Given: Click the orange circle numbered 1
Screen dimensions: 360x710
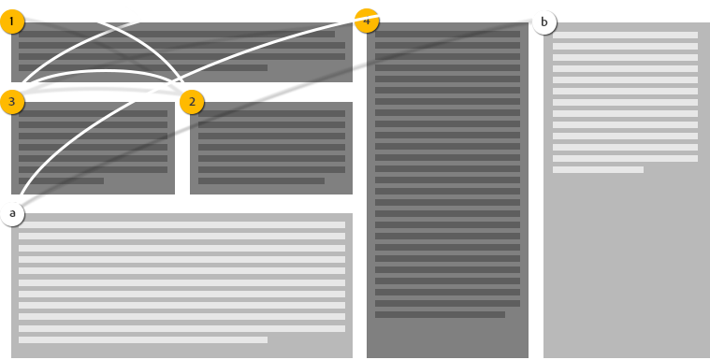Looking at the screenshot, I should coord(11,21).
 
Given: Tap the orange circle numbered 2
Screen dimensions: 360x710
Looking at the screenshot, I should coord(192,101).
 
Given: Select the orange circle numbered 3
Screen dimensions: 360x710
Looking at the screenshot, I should coord(11,101).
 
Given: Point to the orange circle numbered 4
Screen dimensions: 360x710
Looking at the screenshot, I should coord(367,21).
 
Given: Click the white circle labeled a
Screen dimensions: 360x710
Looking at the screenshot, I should coord(12,213).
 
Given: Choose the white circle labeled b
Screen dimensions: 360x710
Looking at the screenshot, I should coord(543,22).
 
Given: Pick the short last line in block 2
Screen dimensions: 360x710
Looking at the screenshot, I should coord(261,180).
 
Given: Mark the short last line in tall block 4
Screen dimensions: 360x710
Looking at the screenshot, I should coord(440,314).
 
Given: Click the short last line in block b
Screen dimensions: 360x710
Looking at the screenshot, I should coord(598,169).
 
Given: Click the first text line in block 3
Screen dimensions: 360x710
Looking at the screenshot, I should coord(93,113).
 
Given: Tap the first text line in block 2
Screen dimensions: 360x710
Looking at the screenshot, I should coord(271,113).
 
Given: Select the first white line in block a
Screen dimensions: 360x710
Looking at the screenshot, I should coord(181,225).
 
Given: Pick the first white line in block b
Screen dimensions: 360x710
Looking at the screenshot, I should coord(625,36).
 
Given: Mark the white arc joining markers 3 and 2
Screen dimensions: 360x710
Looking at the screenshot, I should coord(103,71).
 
